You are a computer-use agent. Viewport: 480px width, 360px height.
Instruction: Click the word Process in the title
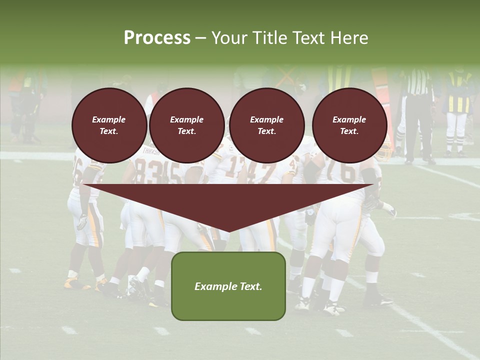click(157, 37)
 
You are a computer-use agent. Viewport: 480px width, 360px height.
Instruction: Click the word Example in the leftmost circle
click(109, 119)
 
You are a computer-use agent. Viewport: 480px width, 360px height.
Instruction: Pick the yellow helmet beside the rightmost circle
click(385, 150)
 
